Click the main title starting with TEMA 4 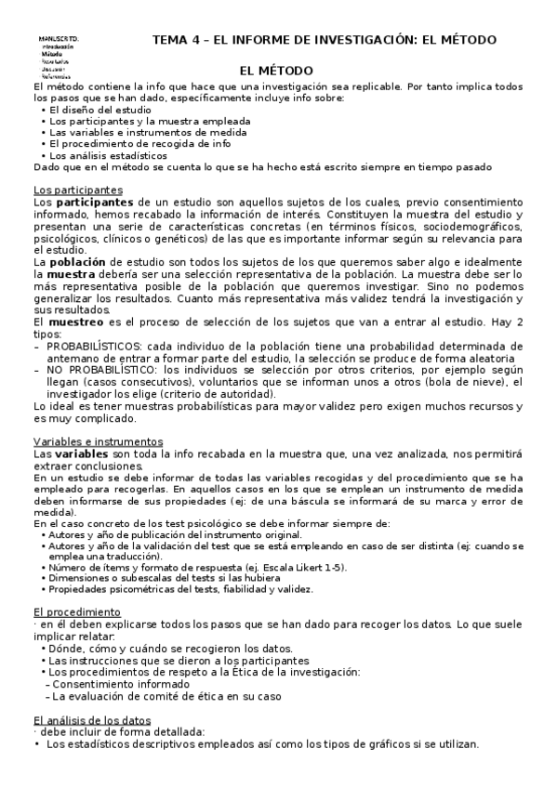click(324, 39)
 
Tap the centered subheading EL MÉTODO click(276, 71)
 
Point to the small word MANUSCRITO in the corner click(58, 38)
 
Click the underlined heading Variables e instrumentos click(98, 440)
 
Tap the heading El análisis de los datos click(91, 721)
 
